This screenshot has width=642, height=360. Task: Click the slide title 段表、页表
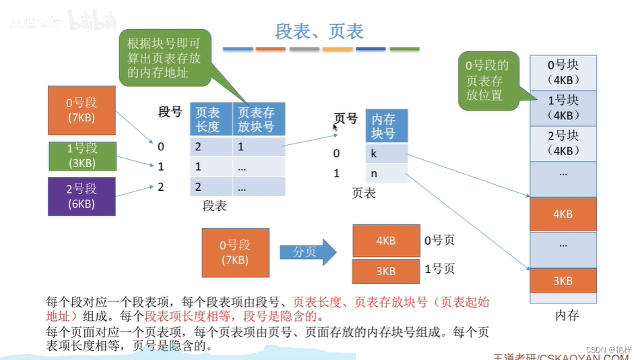[x=320, y=31]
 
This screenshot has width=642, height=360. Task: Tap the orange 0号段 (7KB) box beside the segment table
[x=82, y=111]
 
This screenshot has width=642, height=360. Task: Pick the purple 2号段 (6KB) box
[x=82, y=196]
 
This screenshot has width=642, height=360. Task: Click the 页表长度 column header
[x=212, y=119]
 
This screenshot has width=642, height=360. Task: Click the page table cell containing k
[x=387, y=154]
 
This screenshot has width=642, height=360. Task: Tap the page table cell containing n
[x=387, y=174]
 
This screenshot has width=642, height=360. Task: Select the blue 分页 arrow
[x=308, y=252]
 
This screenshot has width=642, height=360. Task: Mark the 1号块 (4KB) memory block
[x=563, y=108]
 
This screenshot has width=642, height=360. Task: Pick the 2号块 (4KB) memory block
[x=563, y=143]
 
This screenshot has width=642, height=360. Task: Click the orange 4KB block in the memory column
[x=563, y=214]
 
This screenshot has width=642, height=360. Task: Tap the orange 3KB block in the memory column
[x=563, y=280]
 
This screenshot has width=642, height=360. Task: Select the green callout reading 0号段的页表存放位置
[x=486, y=80]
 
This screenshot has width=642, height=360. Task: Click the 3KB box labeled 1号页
[x=385, y=271]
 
